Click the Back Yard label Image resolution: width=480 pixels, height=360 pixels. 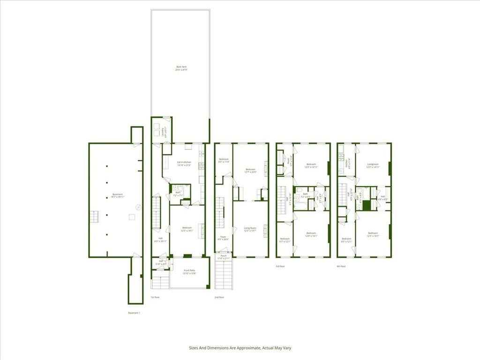(x=181, y=68)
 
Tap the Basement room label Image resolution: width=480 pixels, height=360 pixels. (x=117, y=195)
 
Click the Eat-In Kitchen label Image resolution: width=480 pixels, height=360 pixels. (x=184, y=164)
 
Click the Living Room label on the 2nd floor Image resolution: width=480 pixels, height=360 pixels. (x=250, y=230)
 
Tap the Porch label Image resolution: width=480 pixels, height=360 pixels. (x=224, y=257)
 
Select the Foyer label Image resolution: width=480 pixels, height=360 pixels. (x=223, y=238)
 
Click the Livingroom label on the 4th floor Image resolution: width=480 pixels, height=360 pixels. (x=373, y=165)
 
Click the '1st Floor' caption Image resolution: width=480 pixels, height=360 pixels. (x=155, y=298)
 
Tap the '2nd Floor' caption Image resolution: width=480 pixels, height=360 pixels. (x=219, y=298)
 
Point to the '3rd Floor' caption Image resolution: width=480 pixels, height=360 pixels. (x=280, y=266)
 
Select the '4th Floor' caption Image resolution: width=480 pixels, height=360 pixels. (x=341, y=266)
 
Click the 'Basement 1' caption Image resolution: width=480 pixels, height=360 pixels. (x=134, y=313)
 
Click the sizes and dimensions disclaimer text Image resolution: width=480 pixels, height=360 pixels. (x=240, y=348)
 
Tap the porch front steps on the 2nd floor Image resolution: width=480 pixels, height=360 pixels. (x=224, y=275)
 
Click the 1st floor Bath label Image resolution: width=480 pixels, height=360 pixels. (x=178, y=193)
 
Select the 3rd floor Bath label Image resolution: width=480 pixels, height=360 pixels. (x=305, y=195)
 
